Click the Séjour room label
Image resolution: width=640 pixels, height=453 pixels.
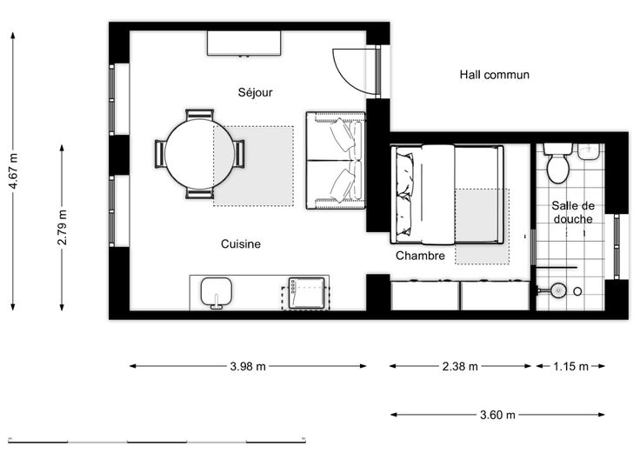255,92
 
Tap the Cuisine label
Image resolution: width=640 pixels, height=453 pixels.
240,243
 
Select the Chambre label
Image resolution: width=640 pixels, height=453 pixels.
420,256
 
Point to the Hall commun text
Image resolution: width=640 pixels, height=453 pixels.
494,75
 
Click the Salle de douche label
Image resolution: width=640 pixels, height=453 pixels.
573,212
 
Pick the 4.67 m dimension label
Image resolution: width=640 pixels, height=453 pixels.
14,171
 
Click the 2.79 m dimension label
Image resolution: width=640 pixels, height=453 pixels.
62,227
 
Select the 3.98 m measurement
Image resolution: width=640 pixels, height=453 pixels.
248,366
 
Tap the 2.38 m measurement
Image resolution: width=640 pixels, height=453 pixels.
460,366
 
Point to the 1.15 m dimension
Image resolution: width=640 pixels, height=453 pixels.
570,366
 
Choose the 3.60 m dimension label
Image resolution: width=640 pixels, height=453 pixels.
497,415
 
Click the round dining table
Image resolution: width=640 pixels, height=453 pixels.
200,154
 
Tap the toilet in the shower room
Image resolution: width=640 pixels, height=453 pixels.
557,163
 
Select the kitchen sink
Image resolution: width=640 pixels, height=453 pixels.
217,293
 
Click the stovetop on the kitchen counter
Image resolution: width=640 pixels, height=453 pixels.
306,293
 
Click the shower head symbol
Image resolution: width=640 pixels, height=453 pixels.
557,290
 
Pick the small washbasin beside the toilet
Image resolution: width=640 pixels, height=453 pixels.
588,151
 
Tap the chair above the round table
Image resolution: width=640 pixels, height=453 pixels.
200,114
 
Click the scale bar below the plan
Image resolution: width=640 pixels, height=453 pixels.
157,441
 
